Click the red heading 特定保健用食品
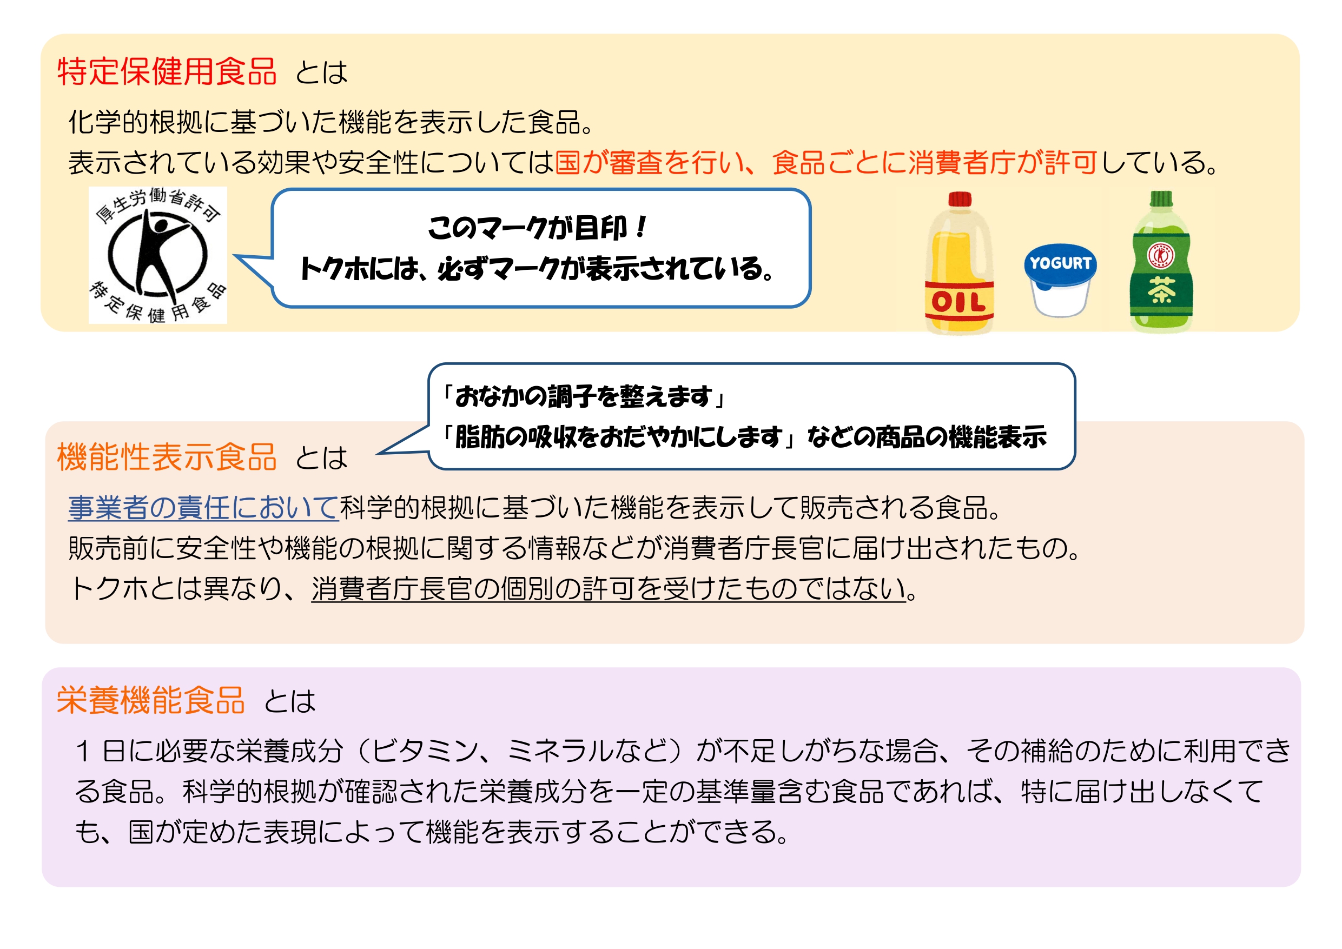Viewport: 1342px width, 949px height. [167, 72]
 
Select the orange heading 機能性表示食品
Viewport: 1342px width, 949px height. [167, 457]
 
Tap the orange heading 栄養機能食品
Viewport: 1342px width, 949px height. [150, 700]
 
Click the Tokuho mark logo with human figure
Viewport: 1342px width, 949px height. [158, 255]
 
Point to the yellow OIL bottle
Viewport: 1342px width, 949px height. [959, 269]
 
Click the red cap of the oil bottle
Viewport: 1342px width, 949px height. [960, 200]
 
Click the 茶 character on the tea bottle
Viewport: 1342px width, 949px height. [1161, 290]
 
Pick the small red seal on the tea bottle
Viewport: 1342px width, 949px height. [1161, 255]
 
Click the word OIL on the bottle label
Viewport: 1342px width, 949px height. [958, 302]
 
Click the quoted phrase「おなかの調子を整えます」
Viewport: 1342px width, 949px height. [583, 397]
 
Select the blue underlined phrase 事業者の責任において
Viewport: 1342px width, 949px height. [203, 507]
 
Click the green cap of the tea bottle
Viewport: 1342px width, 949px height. [1161, 198]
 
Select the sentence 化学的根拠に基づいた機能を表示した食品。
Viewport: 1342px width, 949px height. [332, 122]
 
